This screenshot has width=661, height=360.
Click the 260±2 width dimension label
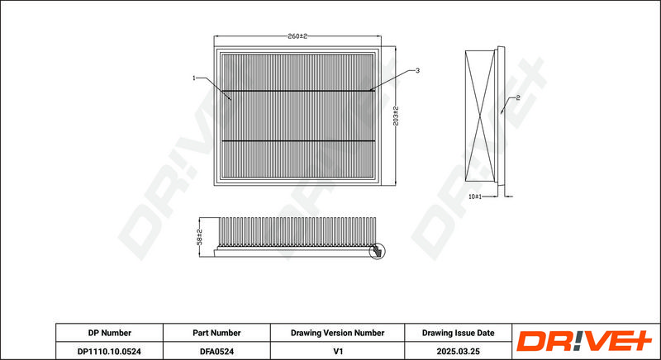pyautogui.click(x=297, y=36)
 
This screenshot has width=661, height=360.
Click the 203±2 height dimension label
pyautogui.click(x=396, y=116)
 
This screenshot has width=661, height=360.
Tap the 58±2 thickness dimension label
pyautogui.click(x=200, y=237)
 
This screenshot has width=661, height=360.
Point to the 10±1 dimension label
pyautogui.click(x=475, y=197)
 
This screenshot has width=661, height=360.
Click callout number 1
pyautogui.click(x=194, y=78)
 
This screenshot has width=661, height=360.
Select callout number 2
pyautogui.click(x=518, y=97)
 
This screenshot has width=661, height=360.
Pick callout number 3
pyautogui.click(x=417, y=71)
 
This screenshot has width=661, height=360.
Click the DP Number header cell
pyautogui.click(x=110, y=333)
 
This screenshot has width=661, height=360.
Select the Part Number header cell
pyautogui.click(x=216, y=333)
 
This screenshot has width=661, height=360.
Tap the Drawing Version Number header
pyautogui.click(x=337, y=333)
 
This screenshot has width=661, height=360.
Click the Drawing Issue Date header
pyautogui.click(x=459, y=333)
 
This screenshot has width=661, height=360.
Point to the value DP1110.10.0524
pyautogui.click(x=109, y=351)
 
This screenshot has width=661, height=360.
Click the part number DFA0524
pyautogui.click(x=216, y=351)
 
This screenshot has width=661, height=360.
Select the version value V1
pyautogui.click(x=338, y=351)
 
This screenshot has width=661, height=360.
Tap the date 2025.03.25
pyautogui.click(x=459, y=351)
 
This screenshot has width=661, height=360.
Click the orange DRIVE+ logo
pyautogui.click(x=584, y=341)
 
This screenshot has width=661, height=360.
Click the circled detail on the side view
pyautogui.click(x=377, y=251)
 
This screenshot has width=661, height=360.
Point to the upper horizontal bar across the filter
pyautogui.click(x=298, y=91)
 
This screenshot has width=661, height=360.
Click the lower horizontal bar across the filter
pyautogui.click(x=298, y=141)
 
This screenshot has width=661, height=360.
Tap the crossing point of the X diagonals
pyautogui.click(x=480, y=116)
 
